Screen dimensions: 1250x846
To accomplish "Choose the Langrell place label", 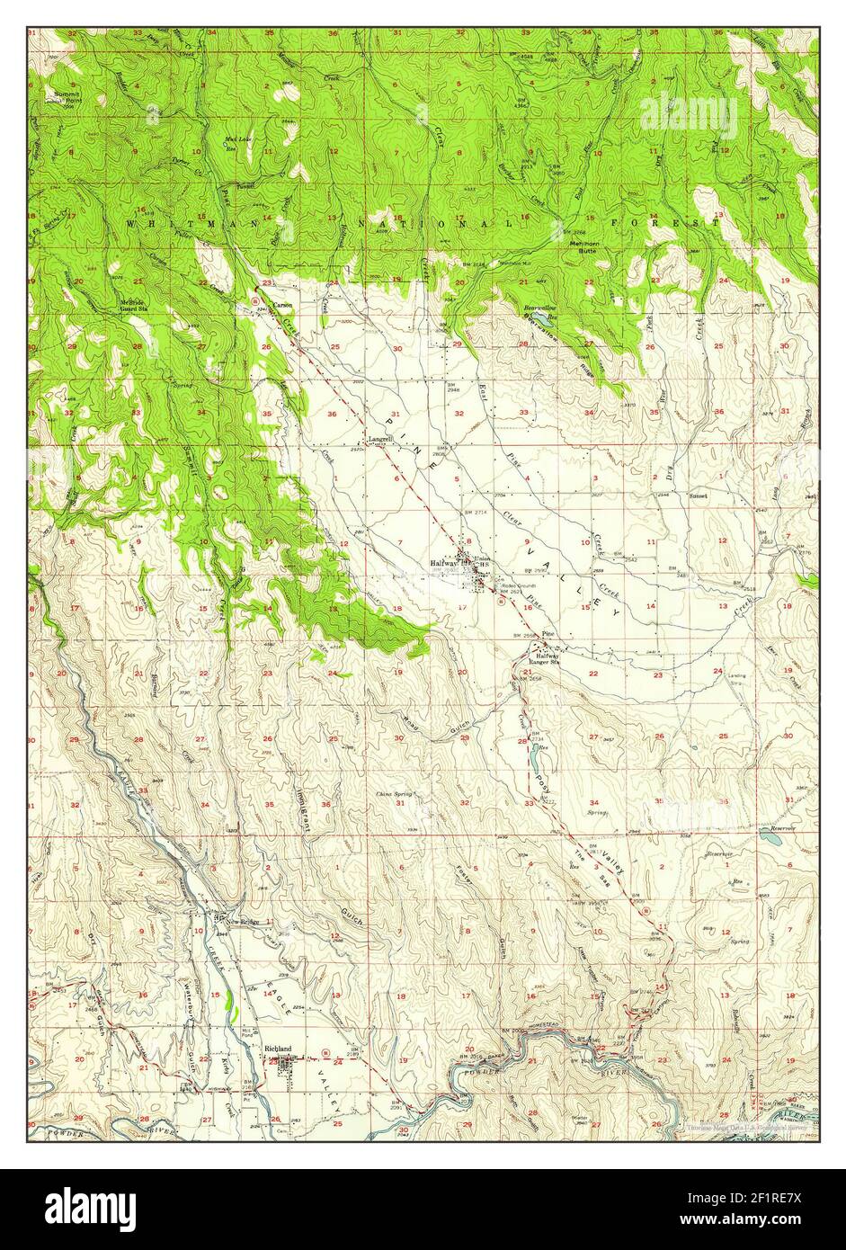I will click(380, 439).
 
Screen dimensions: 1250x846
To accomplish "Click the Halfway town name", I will click(440, 563).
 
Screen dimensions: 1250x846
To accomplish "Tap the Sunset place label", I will click(699, 495).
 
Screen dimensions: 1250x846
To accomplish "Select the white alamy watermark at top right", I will click(688, 115).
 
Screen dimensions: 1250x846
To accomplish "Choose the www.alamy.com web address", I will click(752, 1221).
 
